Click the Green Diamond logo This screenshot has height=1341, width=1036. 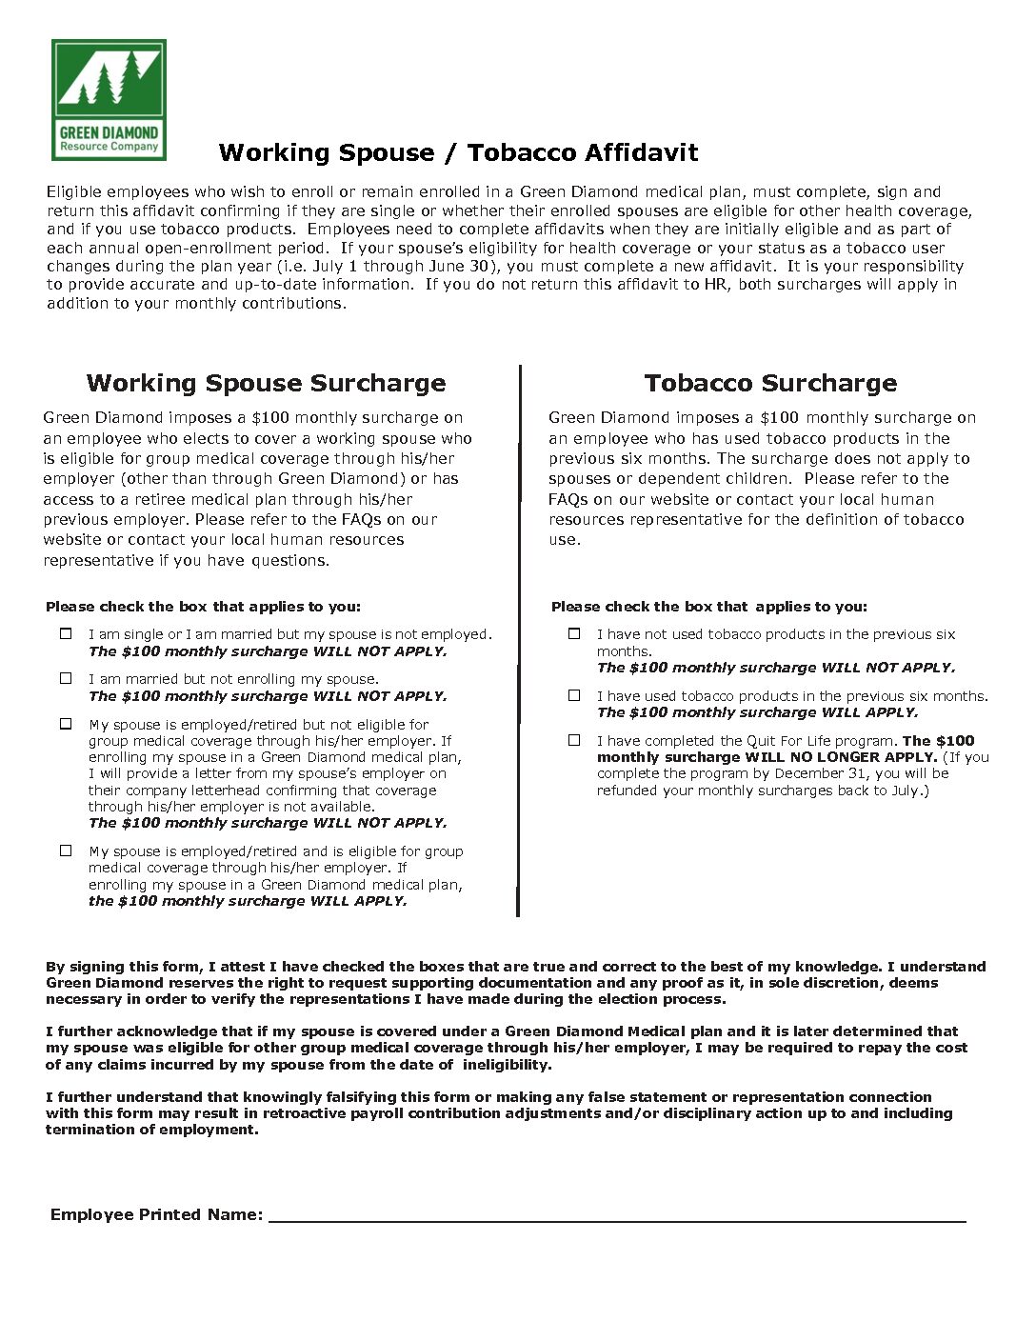coord(109,99)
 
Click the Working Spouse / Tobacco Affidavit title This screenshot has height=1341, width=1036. coord(458,152)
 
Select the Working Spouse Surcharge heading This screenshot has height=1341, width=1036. coord(266,383)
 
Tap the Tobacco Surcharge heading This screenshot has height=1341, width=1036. coord(770,383)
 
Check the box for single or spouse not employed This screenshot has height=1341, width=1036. coord(66,633)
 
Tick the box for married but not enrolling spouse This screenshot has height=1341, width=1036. coord(66,678)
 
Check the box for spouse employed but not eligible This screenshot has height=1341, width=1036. coord(66,724)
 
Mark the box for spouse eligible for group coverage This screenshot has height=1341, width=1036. coord(66,851)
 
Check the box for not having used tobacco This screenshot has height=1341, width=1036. coord(574,633)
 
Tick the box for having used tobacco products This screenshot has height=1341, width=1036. coord(574,695)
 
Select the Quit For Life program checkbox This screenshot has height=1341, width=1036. coord(574,740)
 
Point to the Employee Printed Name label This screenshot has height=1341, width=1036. coord(156,1214)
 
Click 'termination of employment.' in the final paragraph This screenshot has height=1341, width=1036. coord(151,1130)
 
